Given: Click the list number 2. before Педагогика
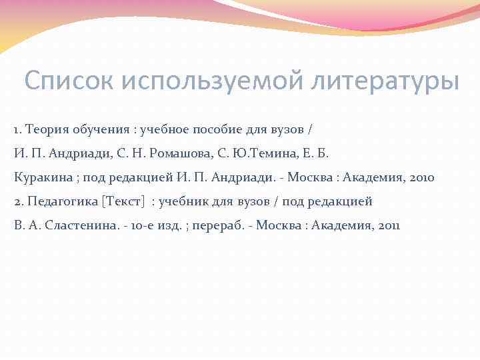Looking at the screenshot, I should [19, 201].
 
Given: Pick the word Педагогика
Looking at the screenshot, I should [59, 201].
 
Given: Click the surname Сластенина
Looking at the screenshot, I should [84, 225].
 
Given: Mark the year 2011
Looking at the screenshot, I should [388, 225].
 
